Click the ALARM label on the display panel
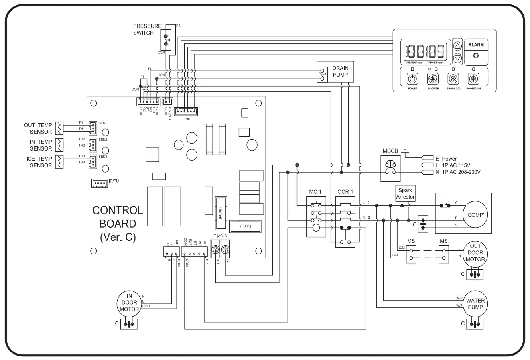(476, 45)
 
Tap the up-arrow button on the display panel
(457, 46)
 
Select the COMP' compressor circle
(475, 215)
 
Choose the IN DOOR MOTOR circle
(129, 303)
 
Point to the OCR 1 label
(345, 192)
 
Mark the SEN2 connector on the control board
(92, 143)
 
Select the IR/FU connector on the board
(99, 183)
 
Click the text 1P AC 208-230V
(461, 172)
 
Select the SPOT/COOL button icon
(453, 79)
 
